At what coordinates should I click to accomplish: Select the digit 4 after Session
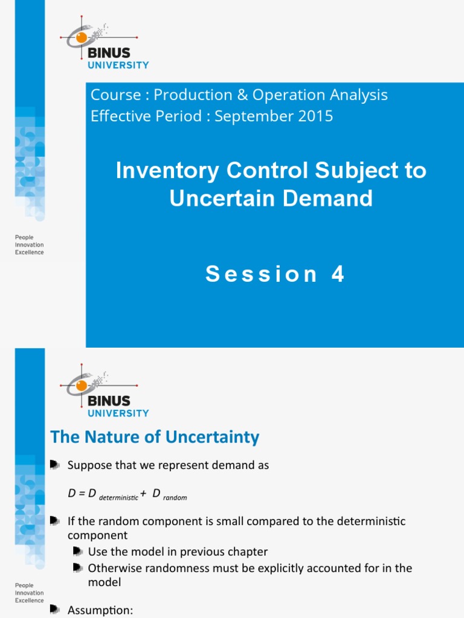coord(337,274)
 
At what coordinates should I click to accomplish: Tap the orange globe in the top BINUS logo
coord(82,38)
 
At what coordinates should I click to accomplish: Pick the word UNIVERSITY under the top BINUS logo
coord(118,65)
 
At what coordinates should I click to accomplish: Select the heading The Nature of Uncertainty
coord(155,437)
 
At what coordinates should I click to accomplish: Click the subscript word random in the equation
coord(175,498)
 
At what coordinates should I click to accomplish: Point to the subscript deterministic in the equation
coord(118,498)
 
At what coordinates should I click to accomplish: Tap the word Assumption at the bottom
coord(100,610)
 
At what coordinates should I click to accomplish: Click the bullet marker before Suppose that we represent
coord(55,465)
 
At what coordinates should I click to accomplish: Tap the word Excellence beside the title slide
coord(29,252)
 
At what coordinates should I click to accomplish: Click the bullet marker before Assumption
coord(55,610)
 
